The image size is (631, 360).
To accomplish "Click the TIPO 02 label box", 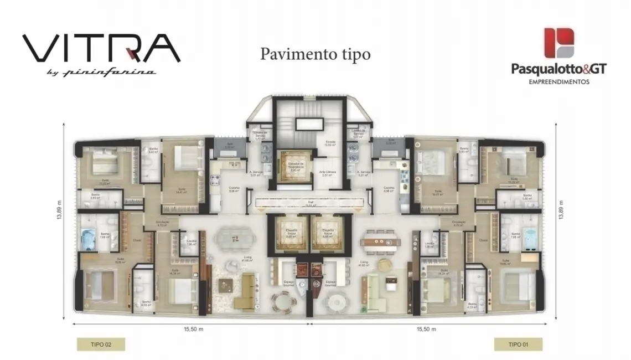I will point(101,344).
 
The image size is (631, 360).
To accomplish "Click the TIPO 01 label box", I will point(518,344).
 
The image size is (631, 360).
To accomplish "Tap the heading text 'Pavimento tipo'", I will point(315,54).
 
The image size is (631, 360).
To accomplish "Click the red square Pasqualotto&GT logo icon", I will point(559,43).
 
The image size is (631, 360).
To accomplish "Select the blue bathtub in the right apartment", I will point(530,238).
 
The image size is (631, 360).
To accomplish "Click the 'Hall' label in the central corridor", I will point(310,203).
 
